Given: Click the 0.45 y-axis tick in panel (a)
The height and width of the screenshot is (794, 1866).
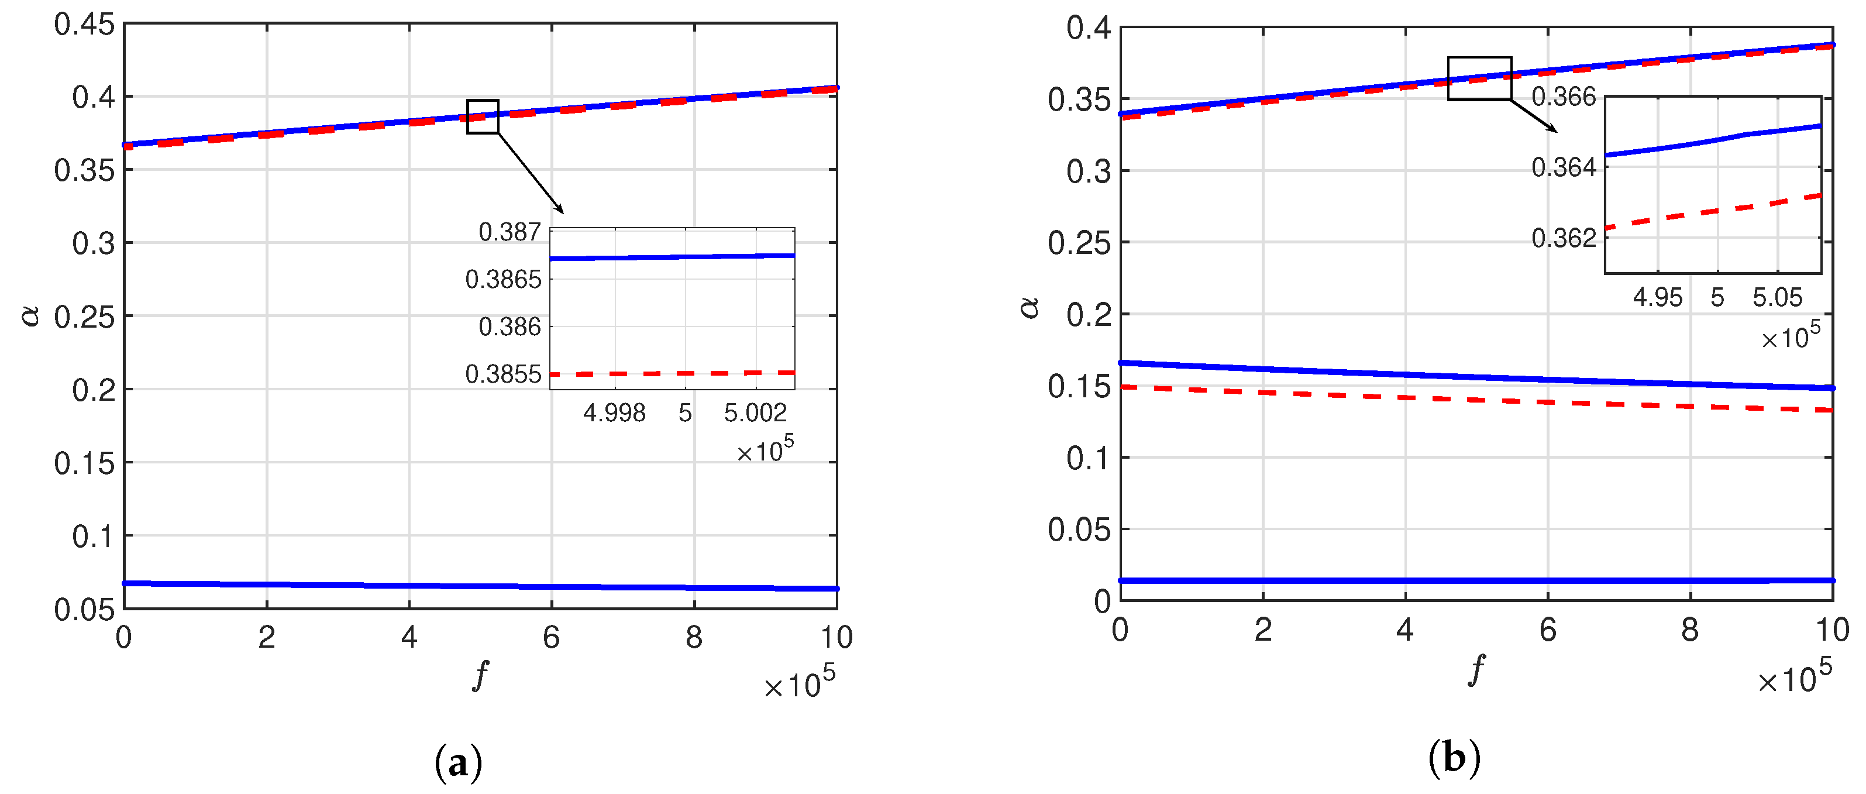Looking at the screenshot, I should (x=84, y=25).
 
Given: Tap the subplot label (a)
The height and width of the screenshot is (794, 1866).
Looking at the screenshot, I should (x=458, y=763).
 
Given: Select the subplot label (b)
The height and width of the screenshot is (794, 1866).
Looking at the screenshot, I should (x=1454, y=758).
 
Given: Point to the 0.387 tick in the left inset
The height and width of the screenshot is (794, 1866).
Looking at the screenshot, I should (x=509, y=232).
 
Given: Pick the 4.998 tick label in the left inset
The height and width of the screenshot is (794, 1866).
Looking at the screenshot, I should (x=614, y=413).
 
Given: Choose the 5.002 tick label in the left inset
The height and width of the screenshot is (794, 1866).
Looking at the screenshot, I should (x=755, y=413).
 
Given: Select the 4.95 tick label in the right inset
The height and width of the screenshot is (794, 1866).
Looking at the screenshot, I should (x=1657, y=297).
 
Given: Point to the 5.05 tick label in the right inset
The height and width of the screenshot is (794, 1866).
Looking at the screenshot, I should (x=1777, y=297).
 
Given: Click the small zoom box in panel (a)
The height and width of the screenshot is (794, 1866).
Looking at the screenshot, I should (x=483, y=116).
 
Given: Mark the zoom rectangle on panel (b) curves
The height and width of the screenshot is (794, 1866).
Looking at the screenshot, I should (x=1479, y=78).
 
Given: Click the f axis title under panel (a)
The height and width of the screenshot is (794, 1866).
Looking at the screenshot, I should (x=480, y=675).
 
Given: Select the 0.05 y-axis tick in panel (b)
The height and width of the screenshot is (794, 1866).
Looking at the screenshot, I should (x=1078, y=530).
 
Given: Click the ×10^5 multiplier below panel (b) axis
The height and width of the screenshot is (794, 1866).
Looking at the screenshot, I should (x=1793, y=678).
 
